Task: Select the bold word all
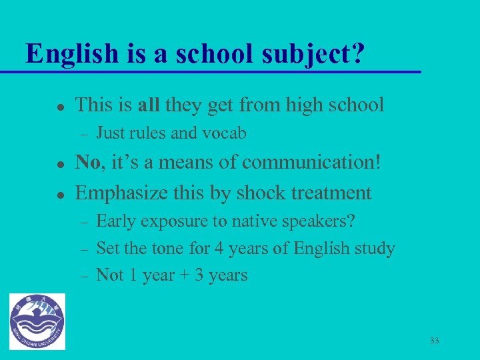[x=149, y=105]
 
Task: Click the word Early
[x=114, y=221]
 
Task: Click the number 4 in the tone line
[x=219, y=249]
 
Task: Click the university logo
[x=37, y=321]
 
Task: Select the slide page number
[x=435, y=341]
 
